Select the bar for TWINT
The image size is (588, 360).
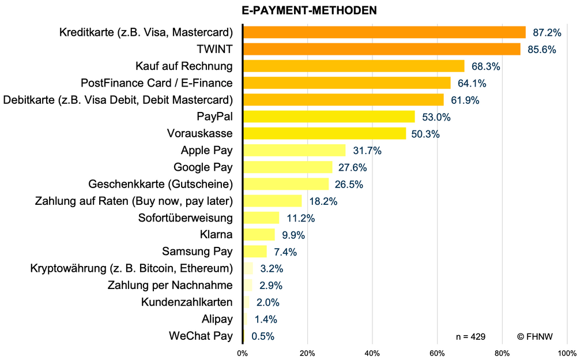click(x=382, y=49)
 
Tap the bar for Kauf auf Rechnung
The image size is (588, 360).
click(x=353, y=66)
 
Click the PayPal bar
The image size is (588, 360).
click(x=329, y=117)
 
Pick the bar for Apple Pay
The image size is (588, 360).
click(x=294, y=151)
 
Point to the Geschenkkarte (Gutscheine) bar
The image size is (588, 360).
click(x=286, y=184)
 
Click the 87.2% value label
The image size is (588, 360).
click(x=546, y=32)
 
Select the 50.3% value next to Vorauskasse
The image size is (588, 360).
click(x=425, y=134)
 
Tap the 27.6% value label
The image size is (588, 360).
click(x=353, y=167)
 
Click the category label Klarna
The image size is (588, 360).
click(x=216, y=235)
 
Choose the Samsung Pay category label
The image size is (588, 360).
click(x=197, y=252)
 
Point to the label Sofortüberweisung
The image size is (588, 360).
click(x=186, y=218)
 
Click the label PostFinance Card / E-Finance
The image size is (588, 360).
click(x=157, y=83)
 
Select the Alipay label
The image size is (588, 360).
click(x=217, y=319)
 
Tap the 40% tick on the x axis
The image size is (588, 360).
click(x=372, y=352)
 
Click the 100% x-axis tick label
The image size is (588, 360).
click(x=566, y=352)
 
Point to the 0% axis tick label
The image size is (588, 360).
click(x=243, y=352)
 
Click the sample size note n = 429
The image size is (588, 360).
click(x=470, y=336)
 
